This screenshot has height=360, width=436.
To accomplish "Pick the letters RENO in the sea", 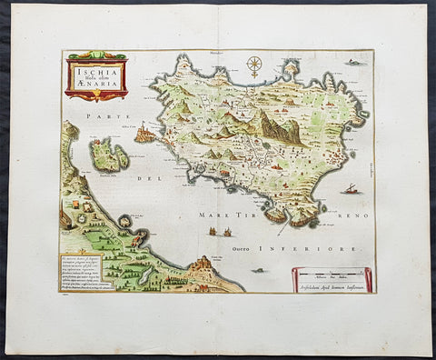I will (342, 218).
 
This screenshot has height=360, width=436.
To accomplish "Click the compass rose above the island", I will (254, 65).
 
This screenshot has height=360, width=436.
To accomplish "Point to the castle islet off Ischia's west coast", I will (144, 135).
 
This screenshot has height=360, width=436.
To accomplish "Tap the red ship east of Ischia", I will (350, 189).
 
